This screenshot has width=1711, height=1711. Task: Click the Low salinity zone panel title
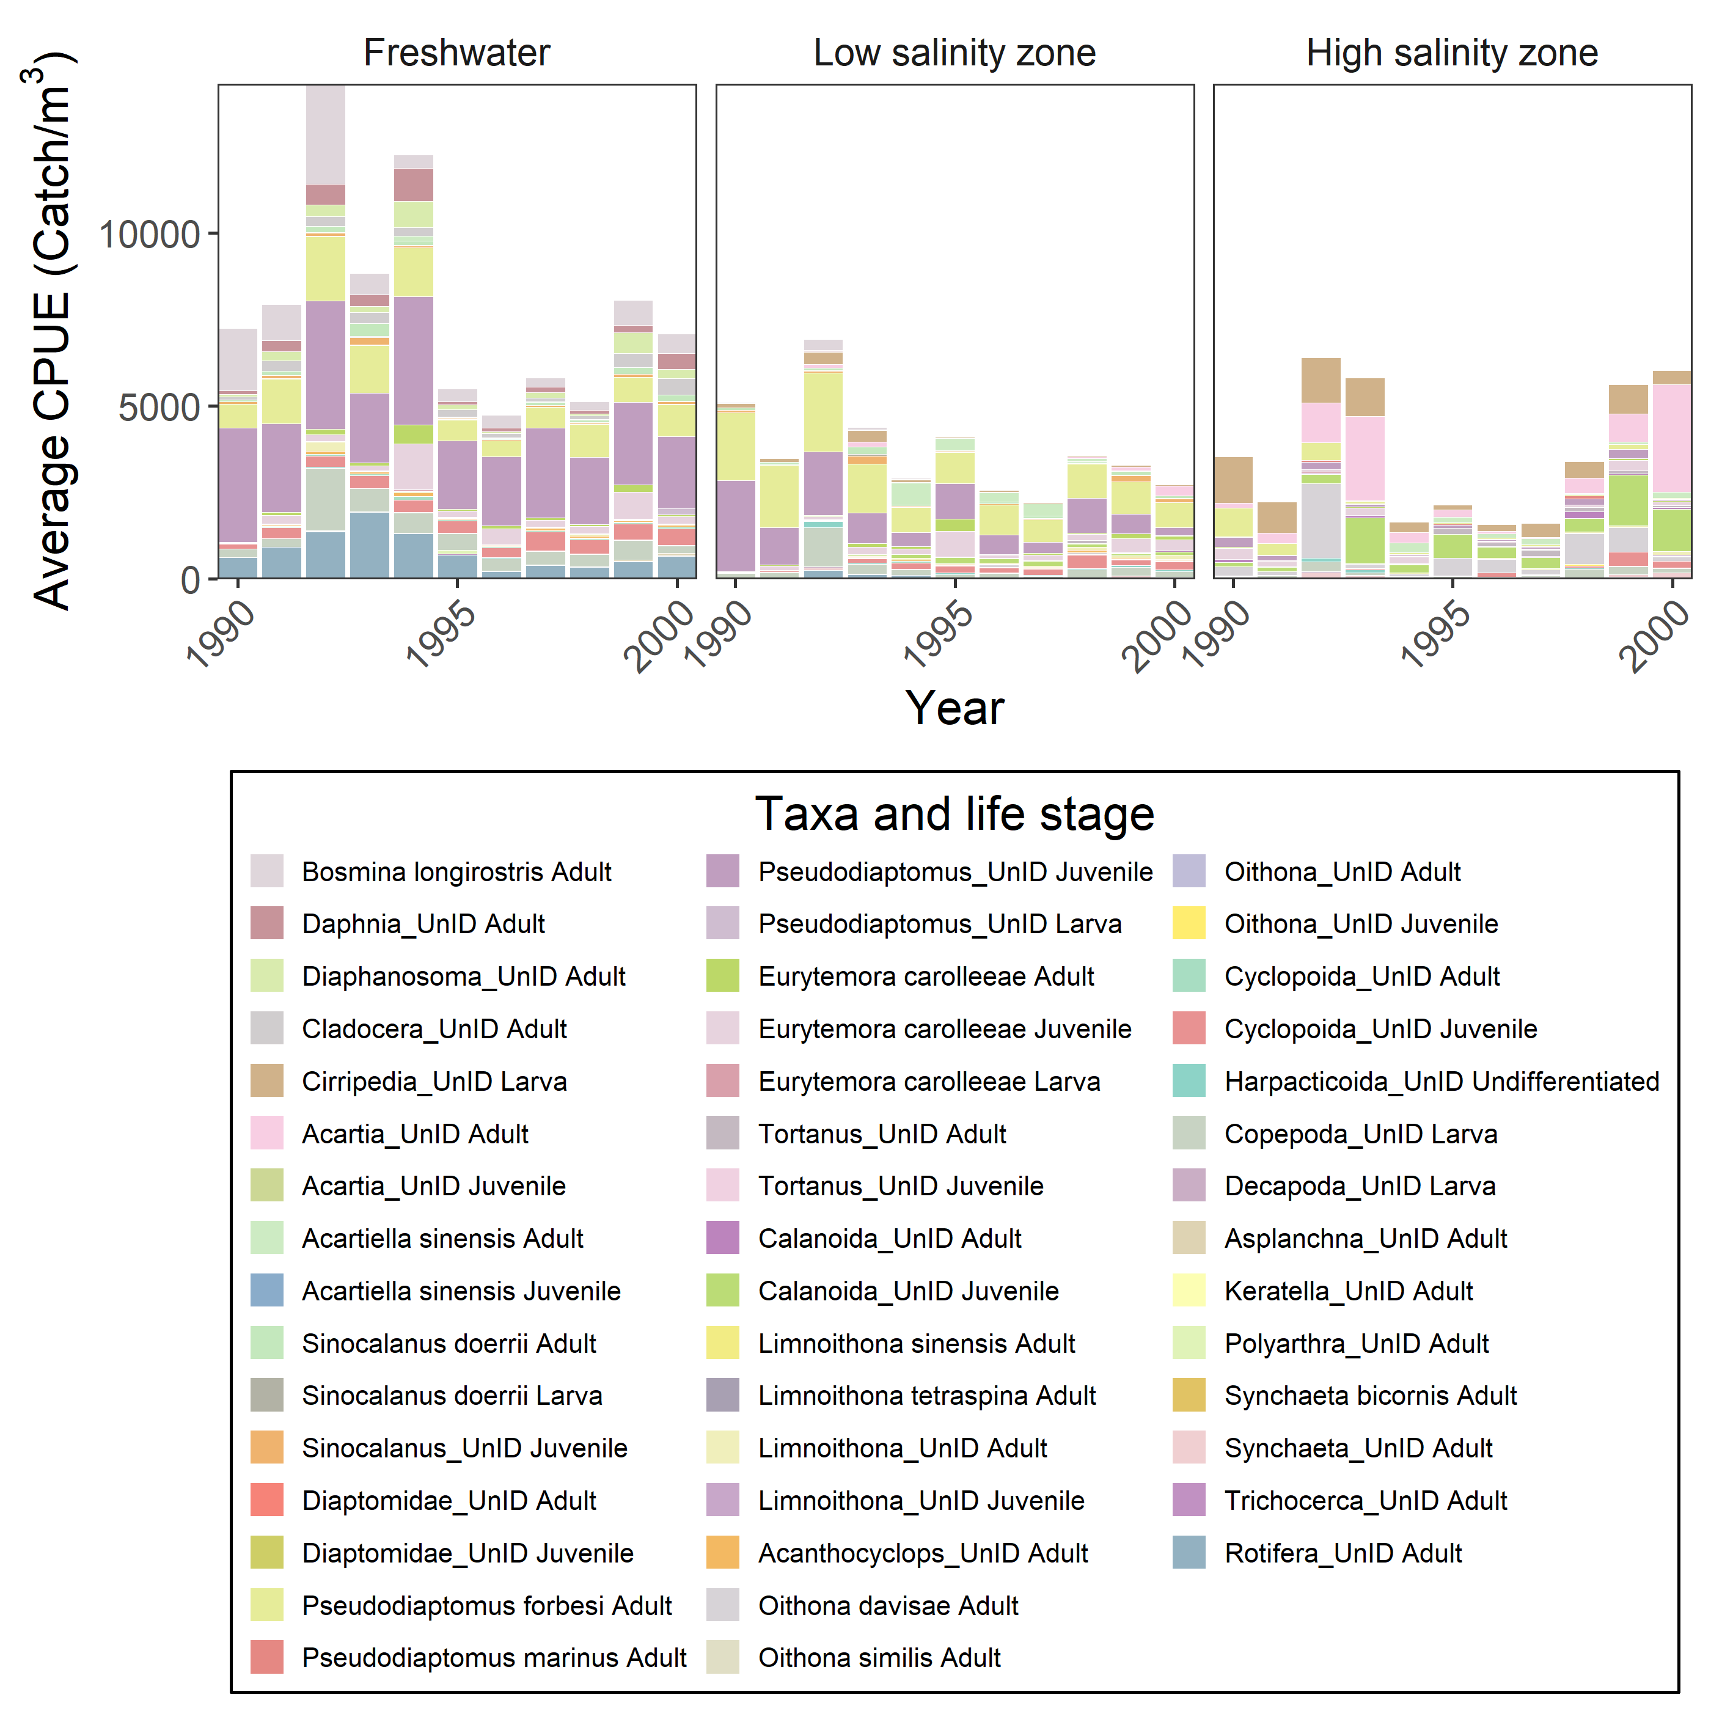[954, 53]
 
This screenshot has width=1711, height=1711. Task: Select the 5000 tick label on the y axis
[159, 408]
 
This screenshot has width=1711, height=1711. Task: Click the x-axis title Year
[954, 708]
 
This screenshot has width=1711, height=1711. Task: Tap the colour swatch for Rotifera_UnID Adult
[1189, 1553]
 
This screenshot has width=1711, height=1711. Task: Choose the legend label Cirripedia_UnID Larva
[434, 1082]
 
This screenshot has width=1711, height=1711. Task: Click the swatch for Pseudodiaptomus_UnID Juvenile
[723, 871]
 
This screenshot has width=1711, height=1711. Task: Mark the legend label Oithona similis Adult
[879, 1658]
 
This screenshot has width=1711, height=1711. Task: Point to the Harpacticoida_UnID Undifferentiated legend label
[1441, 1082]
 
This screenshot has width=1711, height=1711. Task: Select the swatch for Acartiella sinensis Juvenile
[266, 1291]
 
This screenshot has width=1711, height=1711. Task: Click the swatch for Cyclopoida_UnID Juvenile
[1189, 1029]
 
